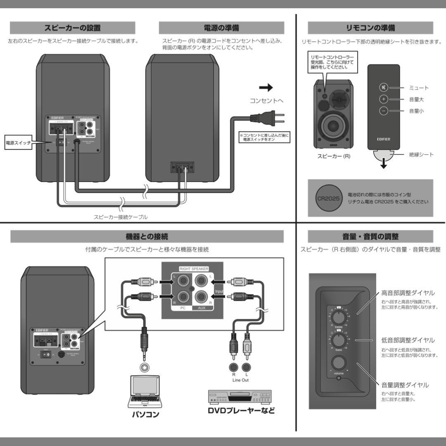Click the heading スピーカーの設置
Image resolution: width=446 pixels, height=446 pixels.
point(72,28)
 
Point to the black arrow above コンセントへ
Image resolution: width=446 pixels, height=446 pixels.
point(266,88)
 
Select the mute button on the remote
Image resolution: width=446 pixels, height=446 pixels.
point(384,88)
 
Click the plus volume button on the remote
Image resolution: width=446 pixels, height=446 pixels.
point(384,99)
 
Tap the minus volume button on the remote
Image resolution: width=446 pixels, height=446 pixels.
point(384,111)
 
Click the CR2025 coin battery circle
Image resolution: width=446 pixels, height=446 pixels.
point(328,198)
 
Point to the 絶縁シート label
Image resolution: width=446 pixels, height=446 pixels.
point(421,154)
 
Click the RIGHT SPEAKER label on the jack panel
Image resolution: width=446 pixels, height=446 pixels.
point(194,268)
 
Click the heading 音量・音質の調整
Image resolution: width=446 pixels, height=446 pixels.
point(370,236)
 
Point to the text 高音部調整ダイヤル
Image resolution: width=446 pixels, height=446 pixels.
point(408,293)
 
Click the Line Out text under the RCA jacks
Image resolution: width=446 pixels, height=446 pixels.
point(240,380)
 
